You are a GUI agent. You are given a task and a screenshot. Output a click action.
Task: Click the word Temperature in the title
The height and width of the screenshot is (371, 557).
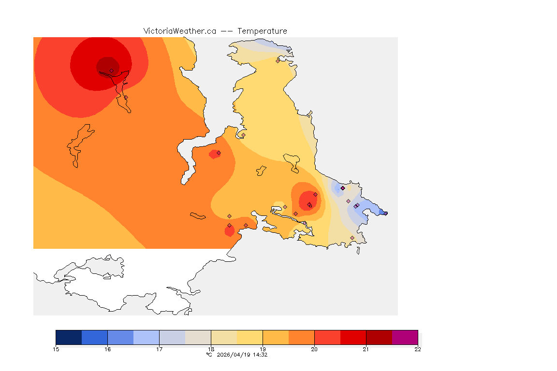coord(263,31)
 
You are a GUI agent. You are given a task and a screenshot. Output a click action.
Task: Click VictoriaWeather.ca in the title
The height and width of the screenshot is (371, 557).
coord(179,31)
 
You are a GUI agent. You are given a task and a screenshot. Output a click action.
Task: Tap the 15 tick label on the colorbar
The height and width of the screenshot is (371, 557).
coord(56,349)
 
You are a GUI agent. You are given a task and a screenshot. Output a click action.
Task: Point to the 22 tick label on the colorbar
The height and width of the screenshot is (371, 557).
coord(417,349)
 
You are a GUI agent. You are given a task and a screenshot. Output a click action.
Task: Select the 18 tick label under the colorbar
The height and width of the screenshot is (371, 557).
coord(211,349)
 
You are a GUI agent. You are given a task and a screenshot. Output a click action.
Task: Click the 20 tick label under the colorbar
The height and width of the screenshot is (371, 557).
coord(314,349)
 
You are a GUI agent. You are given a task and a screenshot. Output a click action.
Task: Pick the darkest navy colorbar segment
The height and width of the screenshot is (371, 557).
coord(69,337)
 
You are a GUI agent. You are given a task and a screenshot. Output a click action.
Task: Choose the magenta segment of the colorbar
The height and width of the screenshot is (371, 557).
coord(405,337)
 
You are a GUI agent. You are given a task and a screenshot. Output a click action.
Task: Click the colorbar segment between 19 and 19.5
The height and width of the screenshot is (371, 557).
coord(276,337)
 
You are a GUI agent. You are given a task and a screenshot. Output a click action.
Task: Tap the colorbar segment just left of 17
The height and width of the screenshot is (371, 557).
coord(146,337)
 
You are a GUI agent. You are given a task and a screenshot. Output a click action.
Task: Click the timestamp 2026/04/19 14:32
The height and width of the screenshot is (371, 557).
coord(241,355)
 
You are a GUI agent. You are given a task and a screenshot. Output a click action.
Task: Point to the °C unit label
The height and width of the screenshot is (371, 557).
coord(209,355)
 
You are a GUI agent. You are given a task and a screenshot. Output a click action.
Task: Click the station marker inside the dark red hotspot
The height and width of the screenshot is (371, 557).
coord(111,71)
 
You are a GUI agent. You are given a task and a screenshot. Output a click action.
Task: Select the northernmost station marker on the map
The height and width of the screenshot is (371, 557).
coord(278,61)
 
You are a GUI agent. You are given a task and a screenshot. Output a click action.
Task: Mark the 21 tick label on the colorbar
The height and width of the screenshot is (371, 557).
coord(366,349)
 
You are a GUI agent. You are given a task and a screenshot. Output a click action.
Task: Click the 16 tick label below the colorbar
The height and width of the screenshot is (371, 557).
coord(107,349)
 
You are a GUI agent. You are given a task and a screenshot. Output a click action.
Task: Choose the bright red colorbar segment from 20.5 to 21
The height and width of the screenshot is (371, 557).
coord(353,337)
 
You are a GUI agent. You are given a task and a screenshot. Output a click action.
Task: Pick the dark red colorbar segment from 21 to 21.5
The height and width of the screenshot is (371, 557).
coord(379,337)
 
